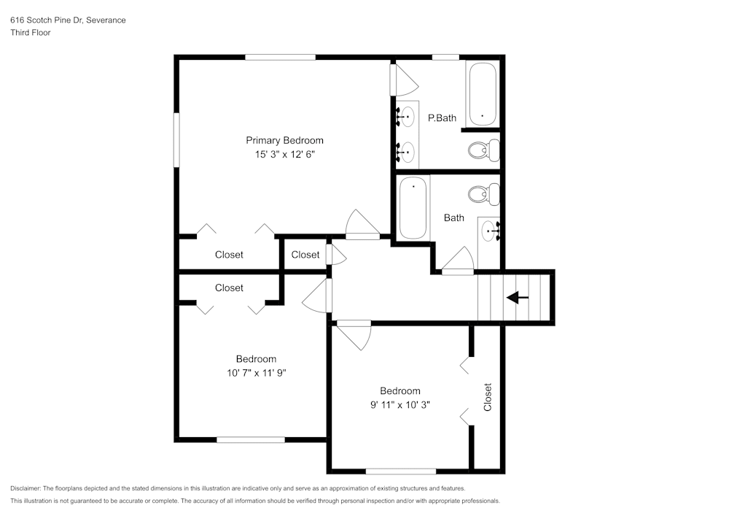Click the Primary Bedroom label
click(284, 140)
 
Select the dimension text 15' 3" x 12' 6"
click(284, 155)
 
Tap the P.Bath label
click(442, 118)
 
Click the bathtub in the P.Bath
click(482, 94)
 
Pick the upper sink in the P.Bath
click(407, 115)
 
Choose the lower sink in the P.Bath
click(407, 152)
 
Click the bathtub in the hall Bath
click(413, 207)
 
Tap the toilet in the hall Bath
click(483, 195)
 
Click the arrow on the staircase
click(518, 297)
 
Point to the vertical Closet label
click(488, 397)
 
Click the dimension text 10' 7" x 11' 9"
click(256, 373)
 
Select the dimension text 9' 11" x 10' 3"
click(399, 405)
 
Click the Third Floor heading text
click(31, 33)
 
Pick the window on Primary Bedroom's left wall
click(176, 139)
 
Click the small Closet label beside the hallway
click(305, 255)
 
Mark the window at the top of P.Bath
click(445, 57)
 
